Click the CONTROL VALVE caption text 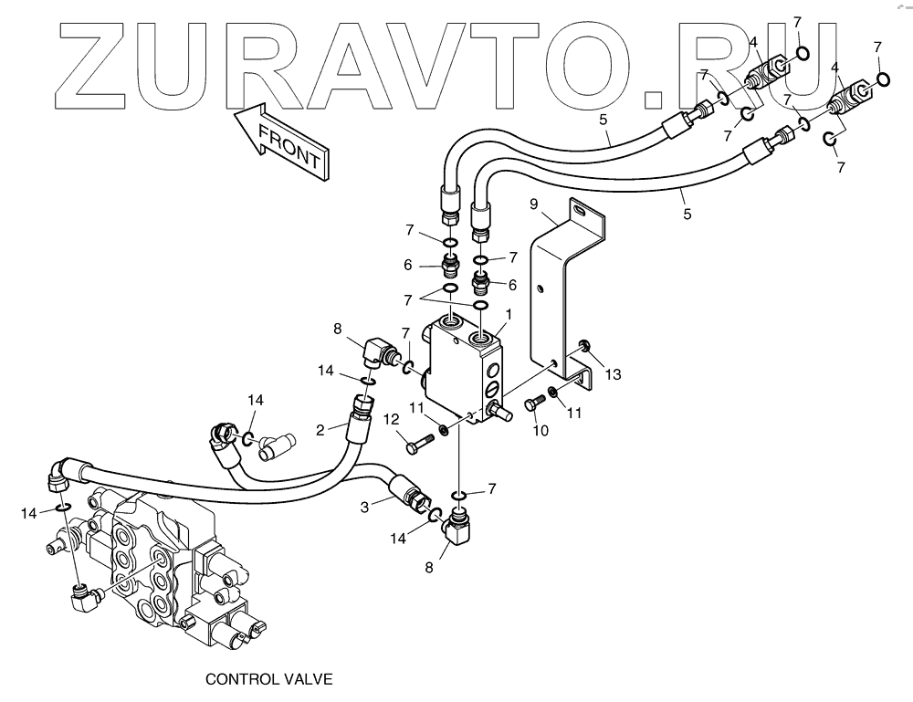pos(268,679)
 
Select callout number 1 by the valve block pos(509,313)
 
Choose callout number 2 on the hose pos(321,429)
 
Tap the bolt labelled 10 pos(532,406)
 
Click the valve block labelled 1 pos(466,365)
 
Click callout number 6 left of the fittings pos(408,265)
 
